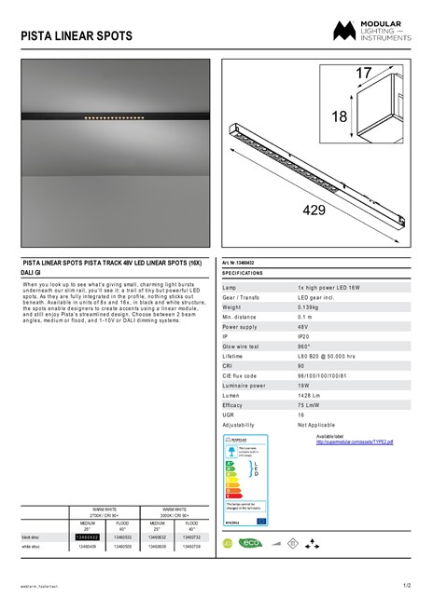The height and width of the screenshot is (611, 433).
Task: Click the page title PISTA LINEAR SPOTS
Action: [77, 36]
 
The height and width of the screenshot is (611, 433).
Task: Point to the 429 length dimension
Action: [314, 210]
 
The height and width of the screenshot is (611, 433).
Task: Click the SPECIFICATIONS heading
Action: [243, 274]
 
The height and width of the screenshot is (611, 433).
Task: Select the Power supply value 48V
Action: [304, 327]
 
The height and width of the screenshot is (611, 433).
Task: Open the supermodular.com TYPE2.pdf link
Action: [355, 442]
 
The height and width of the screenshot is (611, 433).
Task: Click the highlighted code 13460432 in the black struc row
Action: [87, 537]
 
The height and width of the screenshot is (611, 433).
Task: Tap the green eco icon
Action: [249, 542]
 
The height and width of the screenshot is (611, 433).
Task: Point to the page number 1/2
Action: [406, 586]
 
